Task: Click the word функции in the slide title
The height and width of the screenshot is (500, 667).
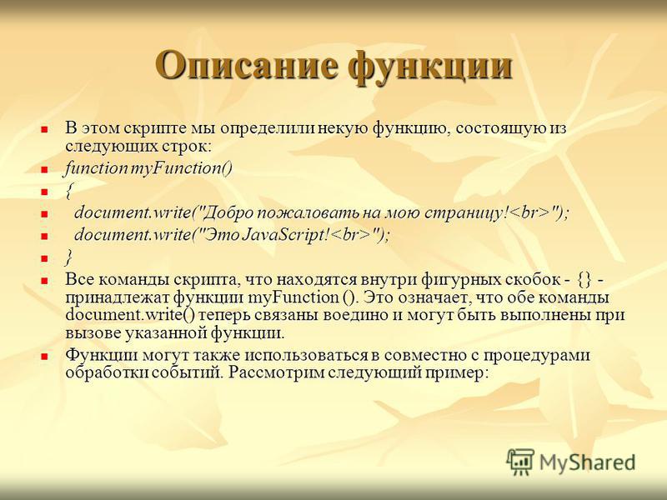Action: pyautogui.click(x=430, y=67)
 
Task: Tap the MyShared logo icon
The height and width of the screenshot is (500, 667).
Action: pyautogui.click(x=519, y=462)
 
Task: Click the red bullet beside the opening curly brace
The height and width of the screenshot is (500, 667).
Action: pyautogui.click(x=44, y=192)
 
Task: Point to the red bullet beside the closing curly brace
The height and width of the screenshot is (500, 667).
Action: pyautogui.click(x=44, y=258)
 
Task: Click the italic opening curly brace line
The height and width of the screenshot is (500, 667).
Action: pyautogui.click(x=69, y=191)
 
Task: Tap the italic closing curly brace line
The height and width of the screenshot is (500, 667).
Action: pyautogui.click(x=69, y=257)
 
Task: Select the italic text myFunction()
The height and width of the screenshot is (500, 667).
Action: pyautogui.click(x=181, y=169)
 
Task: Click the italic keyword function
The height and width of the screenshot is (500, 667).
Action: pyautogui.click(x=97, y=168)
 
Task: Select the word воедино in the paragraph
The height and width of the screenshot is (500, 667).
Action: pyautogui.click(x=363, y=315)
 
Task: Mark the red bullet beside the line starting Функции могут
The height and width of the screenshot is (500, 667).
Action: pyautogui.click(x=44, y=357)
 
